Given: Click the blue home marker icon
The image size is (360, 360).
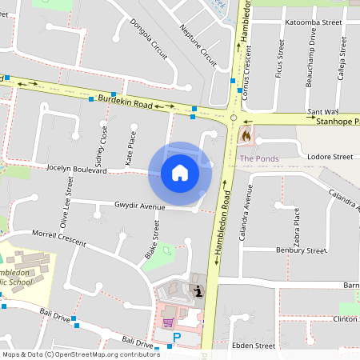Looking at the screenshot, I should pyautogui.click(x=180, y=173).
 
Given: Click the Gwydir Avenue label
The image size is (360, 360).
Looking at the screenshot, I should pyautogui.click(x=139, y=206).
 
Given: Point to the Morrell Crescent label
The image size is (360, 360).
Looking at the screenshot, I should pyautogui.click(x=58, y=237).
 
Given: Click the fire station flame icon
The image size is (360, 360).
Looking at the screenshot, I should pyautogui.click(x=246, y=136).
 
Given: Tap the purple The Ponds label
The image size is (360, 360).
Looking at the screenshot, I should pyautogui.click(x=259, y=158).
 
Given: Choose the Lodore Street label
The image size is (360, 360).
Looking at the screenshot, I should pyautogui.click(x=330, y=157).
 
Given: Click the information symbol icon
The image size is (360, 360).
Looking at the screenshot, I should pyautogui.click(x=197, y=290).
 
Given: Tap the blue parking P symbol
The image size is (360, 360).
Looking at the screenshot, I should pyautogui.click(x=177, y=338).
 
